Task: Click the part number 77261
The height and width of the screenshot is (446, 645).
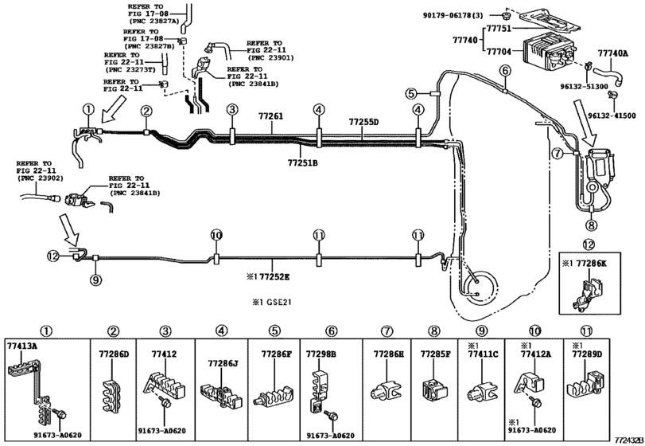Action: [x=270, y=117]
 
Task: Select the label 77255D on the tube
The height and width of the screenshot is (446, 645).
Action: [x=363, y=122]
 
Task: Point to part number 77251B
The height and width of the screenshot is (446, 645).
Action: [x=302, y=162]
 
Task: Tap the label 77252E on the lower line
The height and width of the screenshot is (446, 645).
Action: [x=269, y=276]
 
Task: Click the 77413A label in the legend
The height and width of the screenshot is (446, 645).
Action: [x=23, y=347]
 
